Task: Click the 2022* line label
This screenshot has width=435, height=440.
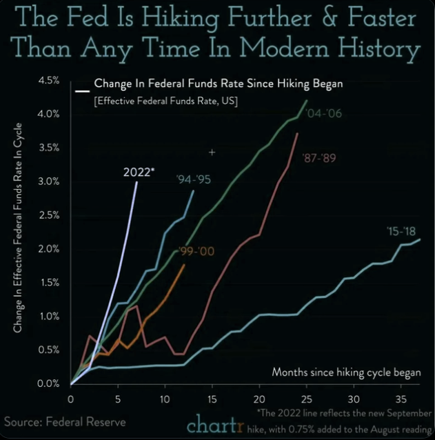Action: coord(139,172)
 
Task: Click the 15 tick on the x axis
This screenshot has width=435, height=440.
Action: coord(212,399)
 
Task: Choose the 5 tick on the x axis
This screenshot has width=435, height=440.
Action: coord(118,399)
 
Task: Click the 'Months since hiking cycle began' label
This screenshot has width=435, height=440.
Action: coord(346,372)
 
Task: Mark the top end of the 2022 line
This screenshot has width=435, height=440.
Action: coord(136,182)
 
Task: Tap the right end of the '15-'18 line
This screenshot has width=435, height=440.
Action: coord(420,239)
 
